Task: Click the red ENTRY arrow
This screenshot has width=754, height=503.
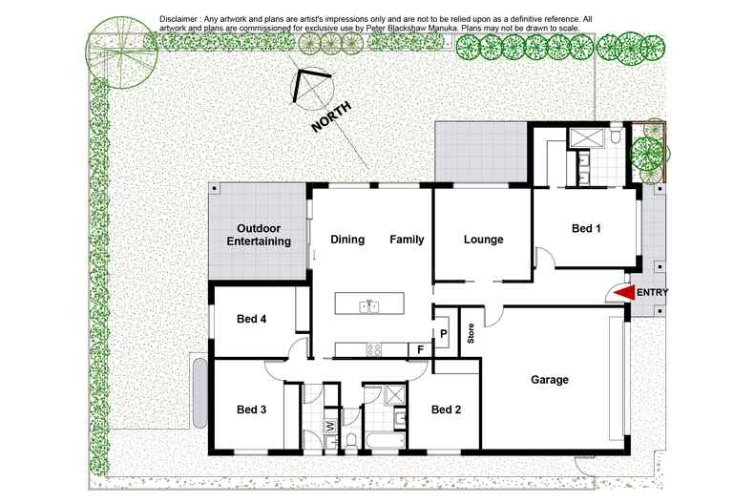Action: [x=624, y=293]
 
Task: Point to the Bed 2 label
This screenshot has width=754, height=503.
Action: [x=447, y=410]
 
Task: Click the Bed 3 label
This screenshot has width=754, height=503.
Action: [x=251, y=410]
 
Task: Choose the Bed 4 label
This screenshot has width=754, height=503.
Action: [x=251, y=319]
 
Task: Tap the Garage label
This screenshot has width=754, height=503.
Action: [x=549, y=380]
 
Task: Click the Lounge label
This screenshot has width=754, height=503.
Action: [x=483, y=240]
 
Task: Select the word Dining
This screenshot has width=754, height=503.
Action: [x=347, y=240]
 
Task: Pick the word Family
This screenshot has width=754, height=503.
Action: [x=407, y=240]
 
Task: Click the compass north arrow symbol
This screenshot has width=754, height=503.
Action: [x=309, y=87]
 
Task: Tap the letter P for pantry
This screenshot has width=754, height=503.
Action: [x=444, y=333]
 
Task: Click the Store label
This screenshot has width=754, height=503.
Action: [x=471, y=334]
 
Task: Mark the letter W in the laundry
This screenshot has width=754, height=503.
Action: [x=329, y=427]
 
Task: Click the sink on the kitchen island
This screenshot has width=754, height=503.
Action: [x=369, y=307]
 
